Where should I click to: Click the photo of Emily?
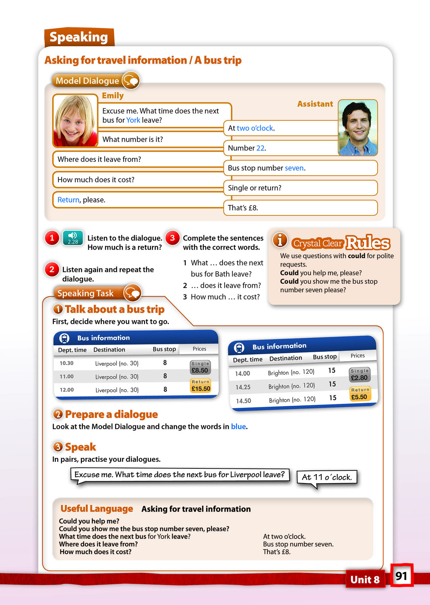pyautogui.click(x=75, y=120)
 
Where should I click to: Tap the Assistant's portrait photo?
pyautogui.click(x=358, y=128)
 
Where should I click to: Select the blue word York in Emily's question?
pyautogui.click(x=133, y=120)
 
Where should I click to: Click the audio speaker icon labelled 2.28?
pyautogui.click(x=73, y=238)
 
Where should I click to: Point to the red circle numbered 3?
pyautogui.click(x=172, y=238)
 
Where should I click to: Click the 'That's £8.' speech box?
pyautogui.click(x=300, y=208)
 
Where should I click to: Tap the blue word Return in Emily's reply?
pyautogui.click(x=68, y=200)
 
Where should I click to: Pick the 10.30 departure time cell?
pyautogui.click(x=66, y=363)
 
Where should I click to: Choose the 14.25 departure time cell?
pyautogui.click(x=243, y=387)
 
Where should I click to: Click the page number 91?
pyautogui.click(x=401, y=576)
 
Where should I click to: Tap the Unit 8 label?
pyautogui.click(x=365, y=580)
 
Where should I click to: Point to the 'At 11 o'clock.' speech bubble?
pyautogui.click(x=327, y=477)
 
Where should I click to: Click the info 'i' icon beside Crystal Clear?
pyautogui.click(x=280, y=240)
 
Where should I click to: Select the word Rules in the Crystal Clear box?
pyautogui.click(x=368, y=243)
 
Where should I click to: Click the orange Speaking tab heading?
pyautogui.click(x=79, y=37)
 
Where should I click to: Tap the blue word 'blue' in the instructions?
pyautogui.click(x=238, y=426)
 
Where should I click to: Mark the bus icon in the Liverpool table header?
pyautogui.click(x=64, y=338)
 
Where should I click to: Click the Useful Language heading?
pyautogui.click(x=97, y=509)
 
